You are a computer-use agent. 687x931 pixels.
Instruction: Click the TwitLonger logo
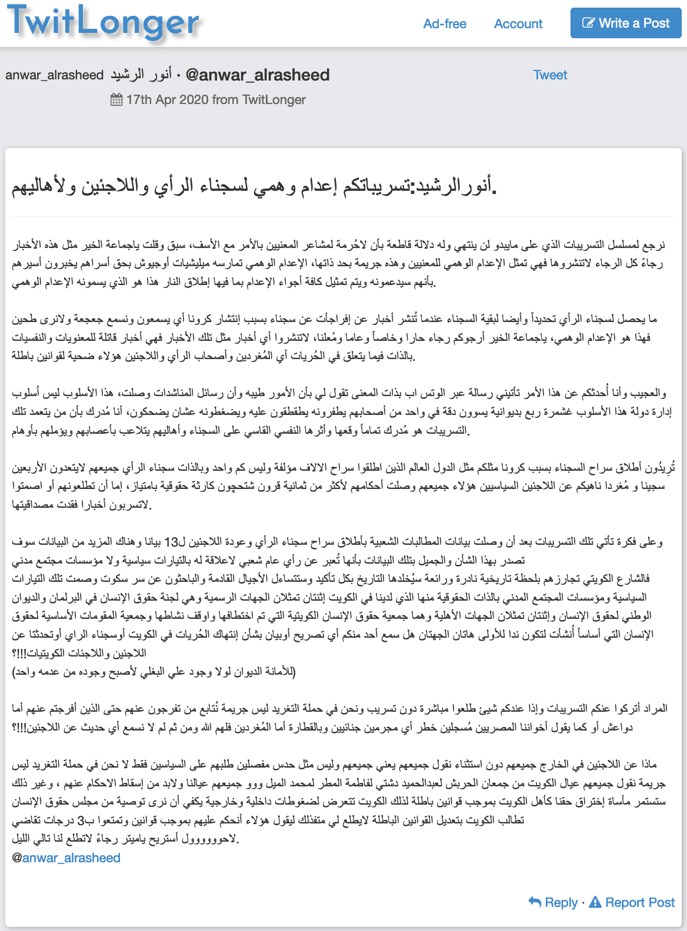(x=104, y=22)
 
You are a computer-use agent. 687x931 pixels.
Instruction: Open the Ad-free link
(x=445, y=24)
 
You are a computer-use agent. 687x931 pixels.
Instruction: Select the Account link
(x=518, y=24)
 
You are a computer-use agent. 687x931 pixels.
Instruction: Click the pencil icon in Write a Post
(x=588, y=23)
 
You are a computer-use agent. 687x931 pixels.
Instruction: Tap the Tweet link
(x=550, y=75)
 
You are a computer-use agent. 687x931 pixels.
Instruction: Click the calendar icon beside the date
(x=116, y=100)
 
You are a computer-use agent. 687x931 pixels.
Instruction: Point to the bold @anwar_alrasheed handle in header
(x=258, y=75)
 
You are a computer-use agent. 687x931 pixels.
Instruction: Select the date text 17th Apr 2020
(x=167, y=100)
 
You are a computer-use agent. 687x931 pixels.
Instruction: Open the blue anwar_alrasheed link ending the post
(x=71, y=858)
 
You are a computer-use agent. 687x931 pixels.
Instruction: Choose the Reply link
(x=561, y=902)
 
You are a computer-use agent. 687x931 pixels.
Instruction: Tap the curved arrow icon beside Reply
(x=535, y=902)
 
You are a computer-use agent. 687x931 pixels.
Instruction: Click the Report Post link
(x=640, y=902)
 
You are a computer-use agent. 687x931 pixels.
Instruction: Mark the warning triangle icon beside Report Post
(x=595, y=902)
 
